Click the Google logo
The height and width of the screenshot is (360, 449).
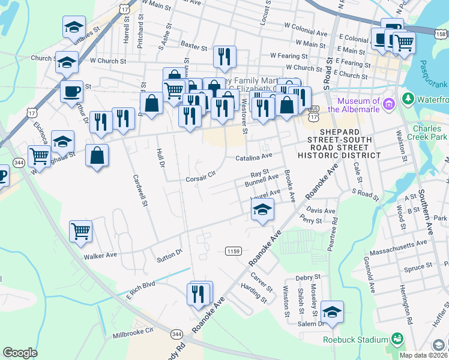tap(20, 352)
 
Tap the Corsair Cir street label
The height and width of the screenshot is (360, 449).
tap(200, 178)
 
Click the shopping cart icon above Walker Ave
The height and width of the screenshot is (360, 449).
tap(80, 231)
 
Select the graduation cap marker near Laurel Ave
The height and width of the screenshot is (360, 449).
tap(262, 209)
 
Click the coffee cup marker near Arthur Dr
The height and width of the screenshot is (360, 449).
tap(71, 92)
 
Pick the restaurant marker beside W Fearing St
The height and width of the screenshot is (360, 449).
tap(224, 57)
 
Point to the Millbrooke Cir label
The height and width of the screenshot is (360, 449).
tap(133, 331)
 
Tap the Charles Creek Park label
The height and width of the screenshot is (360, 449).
tap(430, 133)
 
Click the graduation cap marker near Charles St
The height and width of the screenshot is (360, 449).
tap(74, 27)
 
